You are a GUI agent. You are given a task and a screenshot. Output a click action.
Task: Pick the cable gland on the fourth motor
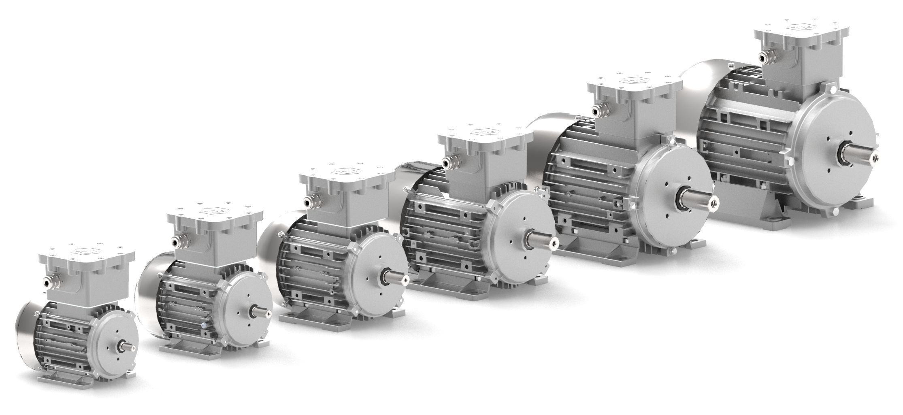[448, 162]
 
